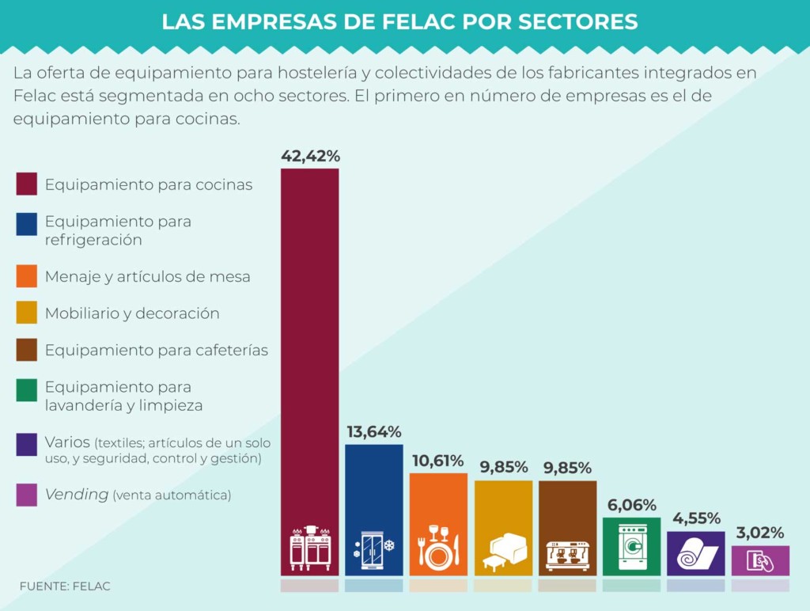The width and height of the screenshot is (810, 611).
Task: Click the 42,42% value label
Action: click(310, 156)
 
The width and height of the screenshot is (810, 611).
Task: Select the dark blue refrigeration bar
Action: click(374, 491)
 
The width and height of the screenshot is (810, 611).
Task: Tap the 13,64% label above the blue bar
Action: click(374, 432)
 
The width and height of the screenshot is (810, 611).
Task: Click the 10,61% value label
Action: click(438, 461)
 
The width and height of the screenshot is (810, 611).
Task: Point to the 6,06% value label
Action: click(631, 505)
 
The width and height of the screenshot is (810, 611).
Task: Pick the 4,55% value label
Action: click(696, 519)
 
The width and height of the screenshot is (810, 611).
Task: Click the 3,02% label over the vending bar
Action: click(760, 533)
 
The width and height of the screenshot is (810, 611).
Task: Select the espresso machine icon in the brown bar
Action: click(567, 554)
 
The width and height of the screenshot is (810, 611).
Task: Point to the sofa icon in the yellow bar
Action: click(503, 550)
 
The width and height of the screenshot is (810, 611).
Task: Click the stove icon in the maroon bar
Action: click(310, 546)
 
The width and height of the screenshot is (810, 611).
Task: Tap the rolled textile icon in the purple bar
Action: click(696, 555)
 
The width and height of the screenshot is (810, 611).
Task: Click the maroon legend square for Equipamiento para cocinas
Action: click(27, 184)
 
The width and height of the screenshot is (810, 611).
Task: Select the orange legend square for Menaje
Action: click(27, 277)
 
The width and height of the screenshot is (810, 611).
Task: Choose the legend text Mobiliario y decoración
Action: click(132, 313)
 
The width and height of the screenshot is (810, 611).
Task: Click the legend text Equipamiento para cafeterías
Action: click(157, 350)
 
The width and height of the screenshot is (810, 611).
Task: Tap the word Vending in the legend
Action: click(76, 495)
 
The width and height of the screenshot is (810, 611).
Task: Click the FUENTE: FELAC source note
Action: click(65, 586)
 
